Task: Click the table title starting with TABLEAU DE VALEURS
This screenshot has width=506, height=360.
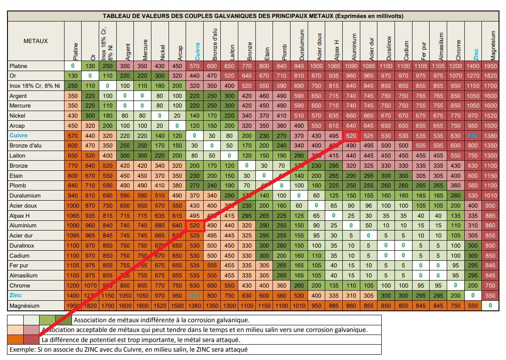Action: point(253,16)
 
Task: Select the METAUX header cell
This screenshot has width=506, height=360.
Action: point(36,41)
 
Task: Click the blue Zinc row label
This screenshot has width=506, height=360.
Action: point(16,295)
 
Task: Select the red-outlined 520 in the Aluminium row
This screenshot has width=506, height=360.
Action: point(194,225)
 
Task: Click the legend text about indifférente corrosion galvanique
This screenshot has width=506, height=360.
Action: point(161,320)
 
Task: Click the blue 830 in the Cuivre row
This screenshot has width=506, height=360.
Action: point(473,136)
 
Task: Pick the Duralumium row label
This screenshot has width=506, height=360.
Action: point(25,195)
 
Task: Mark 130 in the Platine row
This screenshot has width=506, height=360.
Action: point(90,66)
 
